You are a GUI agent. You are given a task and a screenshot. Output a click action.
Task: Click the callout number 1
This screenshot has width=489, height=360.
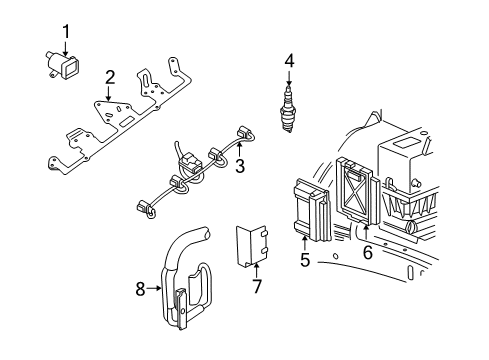[x=65, y=32]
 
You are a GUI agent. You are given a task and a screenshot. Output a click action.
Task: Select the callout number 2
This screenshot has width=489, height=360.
[x=111, y=76]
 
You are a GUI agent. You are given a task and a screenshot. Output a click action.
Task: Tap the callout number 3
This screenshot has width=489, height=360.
[x=240, y=166]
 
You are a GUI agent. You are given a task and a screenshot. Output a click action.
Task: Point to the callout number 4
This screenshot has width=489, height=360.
[x=289, y=60]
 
